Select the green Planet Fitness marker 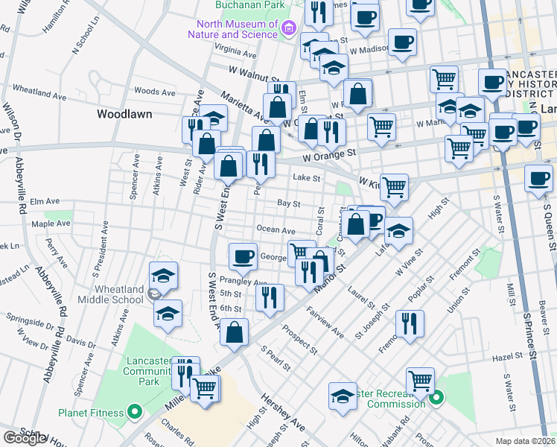135,410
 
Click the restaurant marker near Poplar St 410,323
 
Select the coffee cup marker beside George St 243,256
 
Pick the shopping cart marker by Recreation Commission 421,380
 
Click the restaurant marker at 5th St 270,297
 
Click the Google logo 25,438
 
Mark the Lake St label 306,178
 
